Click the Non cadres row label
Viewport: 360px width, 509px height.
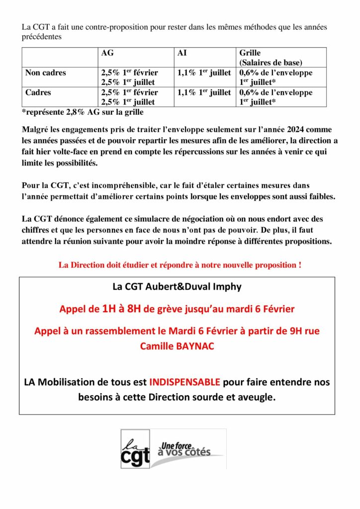click(46, 73)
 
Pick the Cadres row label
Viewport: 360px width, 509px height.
click(38, 92)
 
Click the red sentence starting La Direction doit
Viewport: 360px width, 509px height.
click(180, 265)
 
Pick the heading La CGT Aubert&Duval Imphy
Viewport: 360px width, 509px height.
click(177, 287)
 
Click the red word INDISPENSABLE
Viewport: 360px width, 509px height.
click(185, 383)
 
